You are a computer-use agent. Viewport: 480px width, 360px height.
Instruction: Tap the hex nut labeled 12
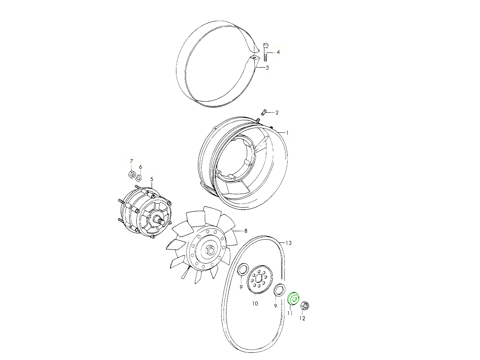[305, 306]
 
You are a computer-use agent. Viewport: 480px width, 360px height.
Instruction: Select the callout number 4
[278, 52]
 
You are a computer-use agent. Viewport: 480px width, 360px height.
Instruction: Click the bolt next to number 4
[266, 52]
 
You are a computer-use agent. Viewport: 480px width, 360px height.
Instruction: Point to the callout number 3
[267, 68]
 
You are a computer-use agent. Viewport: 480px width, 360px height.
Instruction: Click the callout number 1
[287, 133]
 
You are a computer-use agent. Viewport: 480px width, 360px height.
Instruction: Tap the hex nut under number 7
[132, 174]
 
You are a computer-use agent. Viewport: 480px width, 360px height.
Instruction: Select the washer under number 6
[139, 178]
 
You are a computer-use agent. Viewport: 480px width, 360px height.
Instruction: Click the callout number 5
[152, 180]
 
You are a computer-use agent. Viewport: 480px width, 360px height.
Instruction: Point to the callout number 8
[246, 231]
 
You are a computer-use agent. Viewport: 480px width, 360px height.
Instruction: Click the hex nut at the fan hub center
[210, 250]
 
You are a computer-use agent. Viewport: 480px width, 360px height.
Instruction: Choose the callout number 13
[289, 243]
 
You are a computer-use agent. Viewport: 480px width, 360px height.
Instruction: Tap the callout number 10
[255, 303]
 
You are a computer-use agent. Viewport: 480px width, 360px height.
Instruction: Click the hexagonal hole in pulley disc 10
[258, 279]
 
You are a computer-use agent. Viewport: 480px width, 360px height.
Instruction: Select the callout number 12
[302, 318]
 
